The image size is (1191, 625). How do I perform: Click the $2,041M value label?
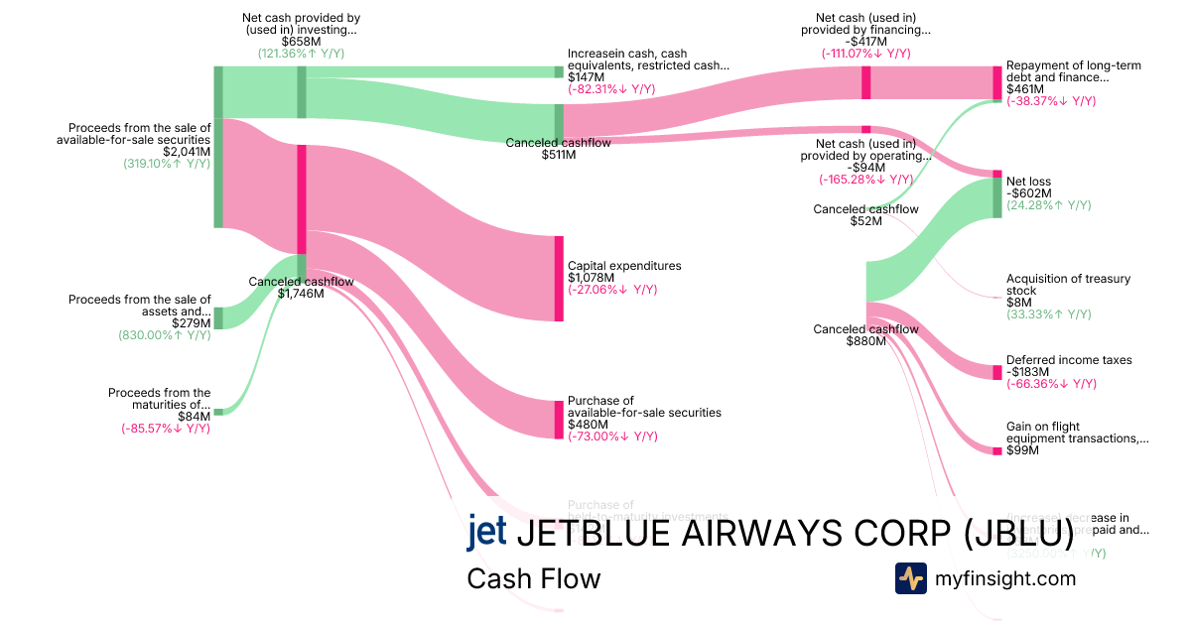[187, 152]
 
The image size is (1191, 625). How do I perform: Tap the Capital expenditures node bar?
[559, 279]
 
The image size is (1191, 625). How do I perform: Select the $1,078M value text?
[586, 278]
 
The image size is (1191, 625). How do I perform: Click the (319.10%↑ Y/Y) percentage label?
[167, 164]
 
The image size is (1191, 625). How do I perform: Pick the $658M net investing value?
[301, 41]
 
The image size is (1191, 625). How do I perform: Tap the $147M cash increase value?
[586, 76]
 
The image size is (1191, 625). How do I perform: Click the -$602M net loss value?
[1028, 193]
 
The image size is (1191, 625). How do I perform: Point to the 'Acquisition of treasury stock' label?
[1068, 285]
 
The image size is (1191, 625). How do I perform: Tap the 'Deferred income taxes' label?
[1069, 360]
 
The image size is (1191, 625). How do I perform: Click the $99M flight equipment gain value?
[1022, 450]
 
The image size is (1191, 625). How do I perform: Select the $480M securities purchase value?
[586, 424]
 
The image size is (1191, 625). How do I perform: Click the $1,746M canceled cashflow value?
[301, 293]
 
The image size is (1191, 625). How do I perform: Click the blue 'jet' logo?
[486, 533]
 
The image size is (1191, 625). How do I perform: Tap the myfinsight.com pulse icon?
[910, 578]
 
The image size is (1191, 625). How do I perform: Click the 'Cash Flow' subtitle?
[533, 578]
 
